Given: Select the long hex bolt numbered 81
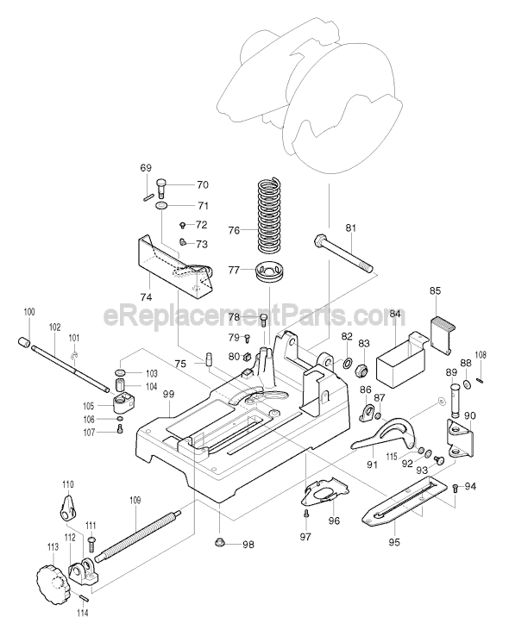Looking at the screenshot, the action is [x=343, y=253].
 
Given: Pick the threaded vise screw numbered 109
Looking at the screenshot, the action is [x=138, y=537].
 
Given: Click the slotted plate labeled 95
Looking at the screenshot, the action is [x=405, y=502].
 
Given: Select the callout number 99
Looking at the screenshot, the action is [x=168, y=394].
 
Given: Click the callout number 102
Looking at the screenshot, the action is [x=55, y=327].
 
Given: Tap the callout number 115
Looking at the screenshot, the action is [x=392, y=457].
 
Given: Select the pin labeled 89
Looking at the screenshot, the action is [x=454, y=401].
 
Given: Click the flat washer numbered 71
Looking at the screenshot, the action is [x=161, y=206].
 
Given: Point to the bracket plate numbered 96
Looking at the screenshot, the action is [x=324, y=491].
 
